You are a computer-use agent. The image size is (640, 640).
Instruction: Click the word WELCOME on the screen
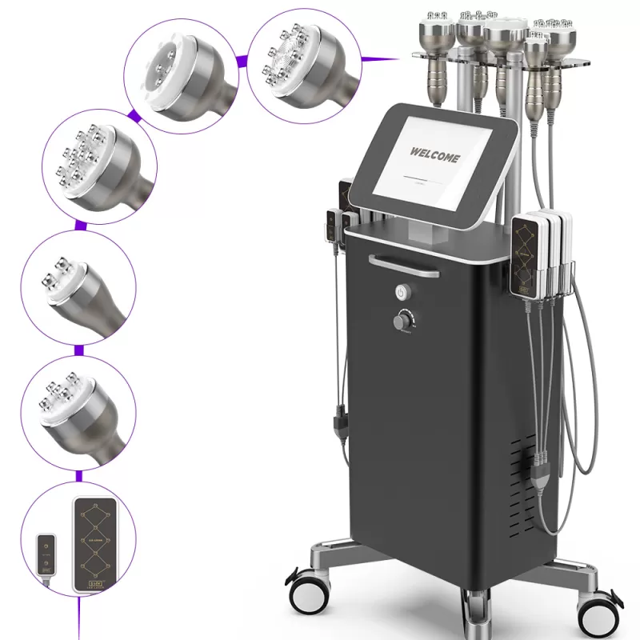[434, 154]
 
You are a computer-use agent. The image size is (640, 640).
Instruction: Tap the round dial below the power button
[401, 322]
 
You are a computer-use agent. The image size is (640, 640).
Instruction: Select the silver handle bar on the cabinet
[403, 265]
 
